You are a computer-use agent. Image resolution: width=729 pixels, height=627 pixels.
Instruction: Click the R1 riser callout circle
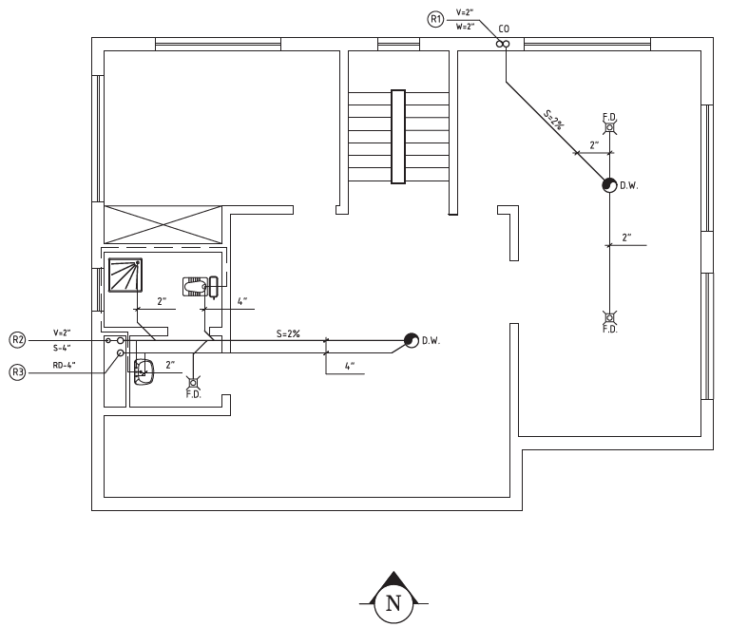[435, 20]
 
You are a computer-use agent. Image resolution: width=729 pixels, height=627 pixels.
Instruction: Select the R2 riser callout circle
[18, 340]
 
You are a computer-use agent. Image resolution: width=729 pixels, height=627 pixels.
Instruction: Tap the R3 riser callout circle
[18, 372]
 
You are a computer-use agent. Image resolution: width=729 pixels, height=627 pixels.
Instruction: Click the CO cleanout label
[504, 28]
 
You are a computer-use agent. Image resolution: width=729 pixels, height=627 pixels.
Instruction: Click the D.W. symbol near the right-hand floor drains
[609, 185]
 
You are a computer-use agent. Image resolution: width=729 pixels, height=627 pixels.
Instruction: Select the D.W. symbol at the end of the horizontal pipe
[412, 340]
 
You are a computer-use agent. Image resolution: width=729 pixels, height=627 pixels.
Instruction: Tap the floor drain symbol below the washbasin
[193, 383]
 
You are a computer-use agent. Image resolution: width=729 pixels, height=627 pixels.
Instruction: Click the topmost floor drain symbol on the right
[610, 127]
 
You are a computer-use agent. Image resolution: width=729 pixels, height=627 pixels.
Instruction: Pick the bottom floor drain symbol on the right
[610, 318]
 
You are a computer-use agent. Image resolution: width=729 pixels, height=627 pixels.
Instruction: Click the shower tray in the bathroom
[125, 275]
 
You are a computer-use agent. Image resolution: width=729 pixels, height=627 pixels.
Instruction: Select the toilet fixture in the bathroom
[201, 286]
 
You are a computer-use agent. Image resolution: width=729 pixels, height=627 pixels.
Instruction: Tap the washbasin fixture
[144, 371]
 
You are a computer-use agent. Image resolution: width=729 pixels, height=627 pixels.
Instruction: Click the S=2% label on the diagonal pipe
[555, 120]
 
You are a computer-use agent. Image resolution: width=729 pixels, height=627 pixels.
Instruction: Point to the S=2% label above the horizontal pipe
[288, 333]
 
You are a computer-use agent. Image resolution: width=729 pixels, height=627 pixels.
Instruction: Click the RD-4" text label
[65, 366]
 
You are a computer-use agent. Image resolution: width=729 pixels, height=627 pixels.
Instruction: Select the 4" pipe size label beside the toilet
[242, 301]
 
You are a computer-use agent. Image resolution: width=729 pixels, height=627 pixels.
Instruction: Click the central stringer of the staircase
[398, 137]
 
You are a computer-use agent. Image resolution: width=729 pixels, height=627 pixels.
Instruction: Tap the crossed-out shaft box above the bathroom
[163, 224]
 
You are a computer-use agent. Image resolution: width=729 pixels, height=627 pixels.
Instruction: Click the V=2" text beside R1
[465, 12]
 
